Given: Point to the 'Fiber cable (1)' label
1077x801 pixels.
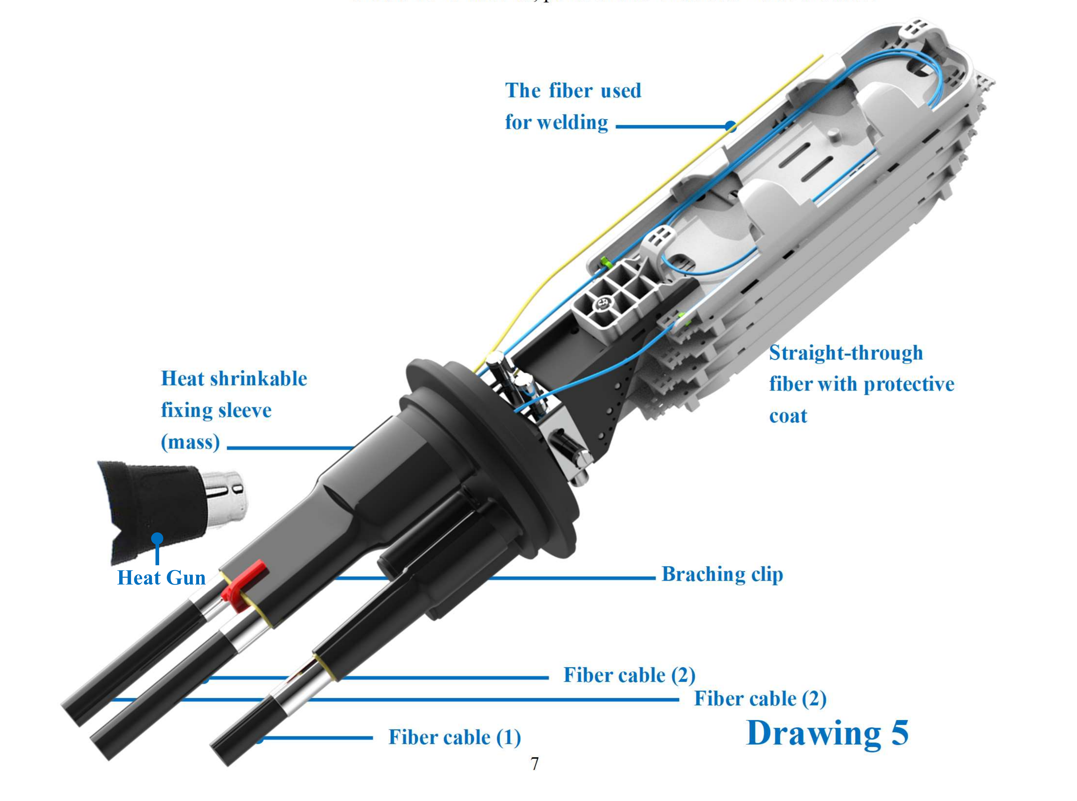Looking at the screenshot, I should [x=455, y=737].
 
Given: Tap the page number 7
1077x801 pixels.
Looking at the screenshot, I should [x=535, y=764].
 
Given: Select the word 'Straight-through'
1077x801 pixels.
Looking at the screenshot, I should [x=846, y=353].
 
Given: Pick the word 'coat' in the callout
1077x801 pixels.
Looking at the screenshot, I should [x=788, y=416].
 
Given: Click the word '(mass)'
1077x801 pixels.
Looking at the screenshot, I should [x=190, y=442].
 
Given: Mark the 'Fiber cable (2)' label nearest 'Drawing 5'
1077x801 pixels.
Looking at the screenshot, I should [x=760, y=699].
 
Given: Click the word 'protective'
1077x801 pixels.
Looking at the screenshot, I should [x=909, y=385].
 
